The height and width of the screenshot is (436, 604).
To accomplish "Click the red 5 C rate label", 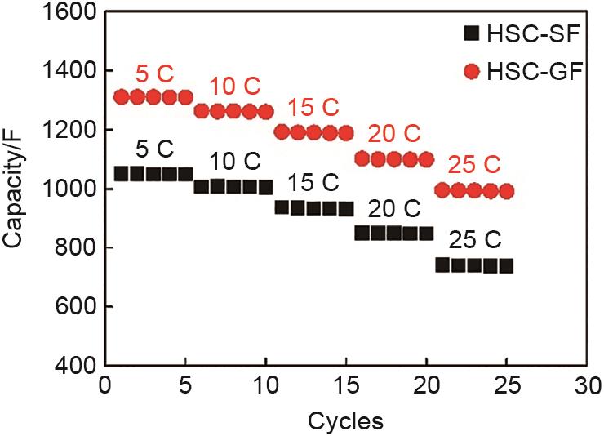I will [x=153, y=73].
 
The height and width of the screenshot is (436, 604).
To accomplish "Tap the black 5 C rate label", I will [x=153, y=150].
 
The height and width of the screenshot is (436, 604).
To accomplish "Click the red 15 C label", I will [x=313, y=108].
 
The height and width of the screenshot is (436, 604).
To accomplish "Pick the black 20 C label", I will [x=393, y=209].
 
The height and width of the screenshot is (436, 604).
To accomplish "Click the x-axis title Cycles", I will [x=344, y=421].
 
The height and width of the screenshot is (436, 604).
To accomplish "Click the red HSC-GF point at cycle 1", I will [x=122, y=97].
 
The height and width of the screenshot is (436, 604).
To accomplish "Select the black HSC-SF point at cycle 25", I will [x=506, y=265].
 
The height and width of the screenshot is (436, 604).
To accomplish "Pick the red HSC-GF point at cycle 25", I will [x=506, y=191].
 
